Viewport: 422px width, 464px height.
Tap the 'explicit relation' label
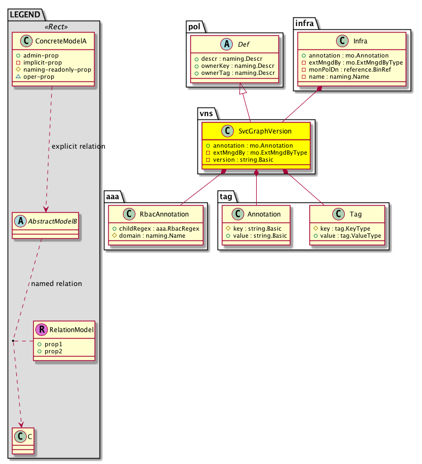[78, 147]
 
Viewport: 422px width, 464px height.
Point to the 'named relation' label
[57, 283]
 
